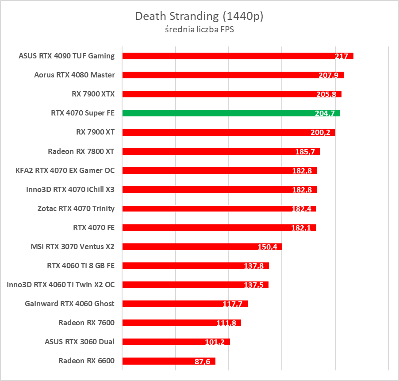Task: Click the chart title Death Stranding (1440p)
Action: click(x=199, y=16)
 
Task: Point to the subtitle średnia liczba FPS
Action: click(x=199, y=30)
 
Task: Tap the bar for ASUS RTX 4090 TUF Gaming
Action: click(x=226, y=56)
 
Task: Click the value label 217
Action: click(x=341, y=56)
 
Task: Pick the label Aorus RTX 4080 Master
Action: click(x=74, y=75)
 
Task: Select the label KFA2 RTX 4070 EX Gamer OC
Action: click(x=65, y=170)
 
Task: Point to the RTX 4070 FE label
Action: click(x=94, y=227)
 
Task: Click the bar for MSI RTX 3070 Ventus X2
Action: click(x=190, y=246)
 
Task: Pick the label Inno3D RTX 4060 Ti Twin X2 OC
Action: click(x=61, y=285)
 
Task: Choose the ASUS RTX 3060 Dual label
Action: click(x=80, y=342)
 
